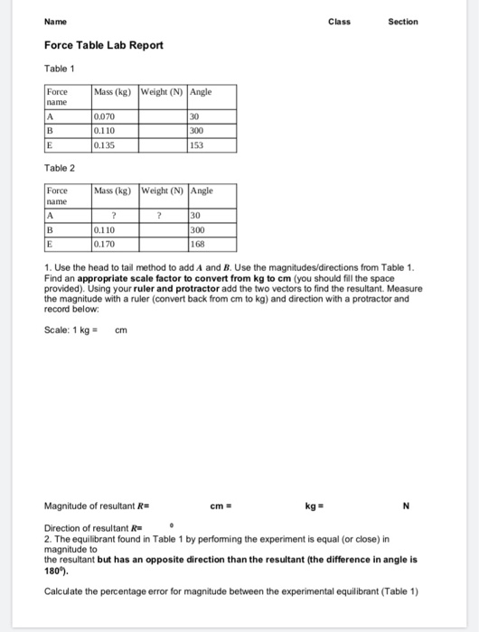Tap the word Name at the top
tap(55, 22)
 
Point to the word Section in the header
tap(402, 22)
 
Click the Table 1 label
tap(58, 69)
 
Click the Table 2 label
tap(58, 169)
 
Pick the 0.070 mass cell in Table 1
tap(104, 116)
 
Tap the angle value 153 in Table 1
tap(197, 143)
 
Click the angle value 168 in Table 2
tap(197, 243)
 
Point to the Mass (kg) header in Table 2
tap(114, 191)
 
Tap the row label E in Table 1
tap(52, 143)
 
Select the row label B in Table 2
tap(52, 230)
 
